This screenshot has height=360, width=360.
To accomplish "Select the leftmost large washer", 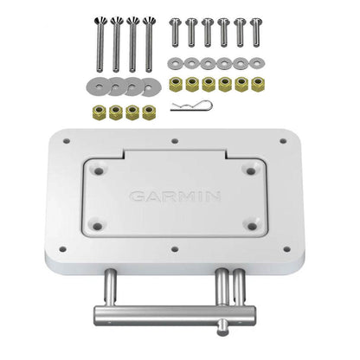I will click(x=95, y=86).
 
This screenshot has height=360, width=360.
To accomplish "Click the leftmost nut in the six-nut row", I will click(x=176, y=83).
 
